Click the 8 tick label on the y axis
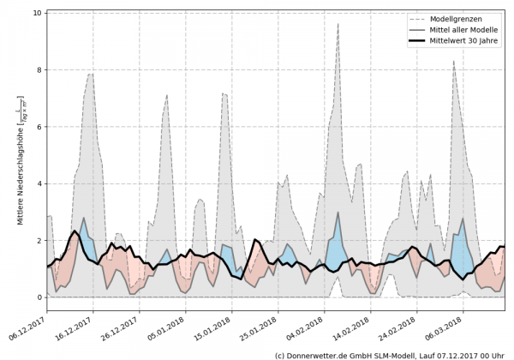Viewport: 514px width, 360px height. pos(39,70)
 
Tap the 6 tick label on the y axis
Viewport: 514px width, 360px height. pos(39,127)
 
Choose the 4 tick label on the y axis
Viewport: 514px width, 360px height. pos(39,183)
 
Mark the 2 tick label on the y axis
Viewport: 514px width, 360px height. pos(39,241)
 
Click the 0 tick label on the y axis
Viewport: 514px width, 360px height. pos(39,297)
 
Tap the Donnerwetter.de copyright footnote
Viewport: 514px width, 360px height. pos(390,354)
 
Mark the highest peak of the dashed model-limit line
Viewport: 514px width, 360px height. pos(338,24)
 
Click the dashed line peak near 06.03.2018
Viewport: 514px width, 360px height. pos(454,61)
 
